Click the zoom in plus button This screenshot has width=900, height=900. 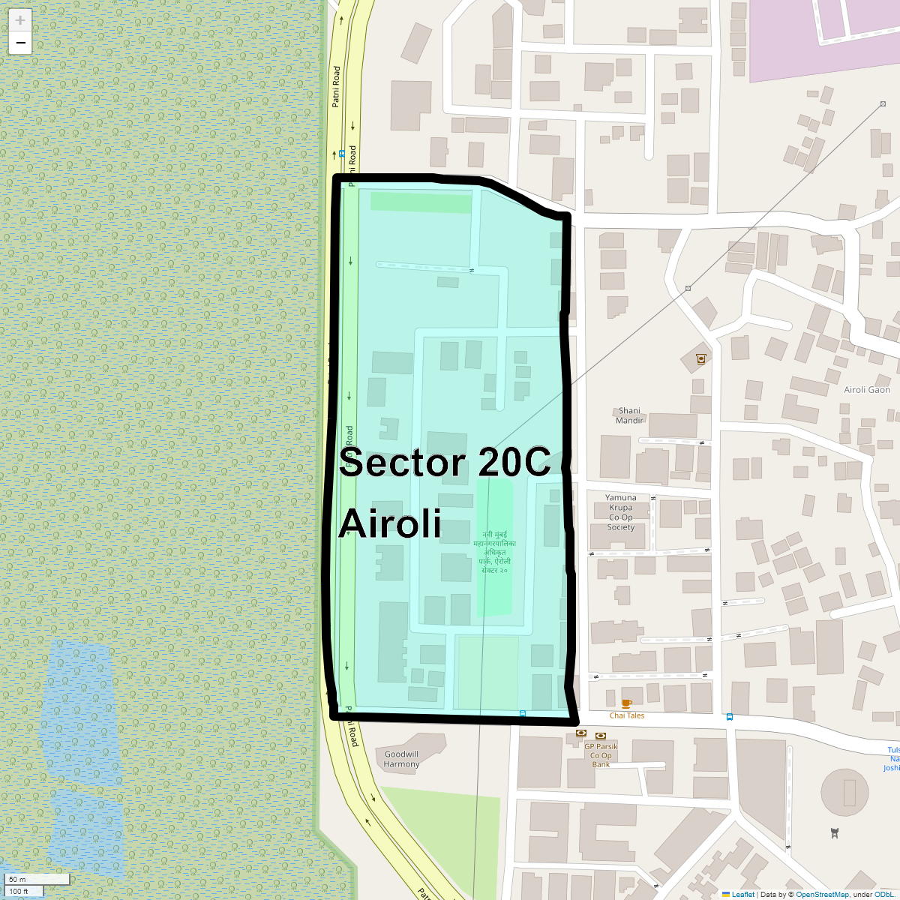pyautogui.click(x=20, y=20)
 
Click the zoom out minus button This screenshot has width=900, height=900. pyautogui.click(x=20, y=43)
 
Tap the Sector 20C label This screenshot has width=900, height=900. pyautogui.click(x=445, y=462)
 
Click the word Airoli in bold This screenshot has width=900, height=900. pyautogui.click(x=390, y=523)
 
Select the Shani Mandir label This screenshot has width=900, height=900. pyautogui.click(x=629, y=415)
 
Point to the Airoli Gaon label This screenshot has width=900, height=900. pyautogui.click(x=867, y=389)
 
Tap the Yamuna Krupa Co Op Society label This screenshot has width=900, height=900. pyautogui.click(x=621, y=512)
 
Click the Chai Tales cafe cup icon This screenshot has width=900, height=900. pyautogui.click(x=626, y=703)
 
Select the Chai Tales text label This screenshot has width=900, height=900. pyautogui.click(x=626, y=715)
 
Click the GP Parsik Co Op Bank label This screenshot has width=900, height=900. pyautogui.click(x=601, y=755)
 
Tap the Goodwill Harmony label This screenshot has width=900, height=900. pyautogui.click(x=401, y=759)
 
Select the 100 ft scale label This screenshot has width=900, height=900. pyautogui.click(x=19, y=892)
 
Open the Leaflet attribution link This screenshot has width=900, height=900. pyautogui.click(x=742, y=894)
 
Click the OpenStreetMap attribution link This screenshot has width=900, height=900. pyautogui.click(x=822, y=894)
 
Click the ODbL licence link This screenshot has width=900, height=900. pyautogui.click(x=883, y=894)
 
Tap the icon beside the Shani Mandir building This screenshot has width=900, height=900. pyautogui.click(x=700, y=358)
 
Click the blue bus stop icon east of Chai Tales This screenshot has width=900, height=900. pyautogui.click(x=730, y=716)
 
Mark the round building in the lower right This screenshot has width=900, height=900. pyautogui.click(x=849, y=792)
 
